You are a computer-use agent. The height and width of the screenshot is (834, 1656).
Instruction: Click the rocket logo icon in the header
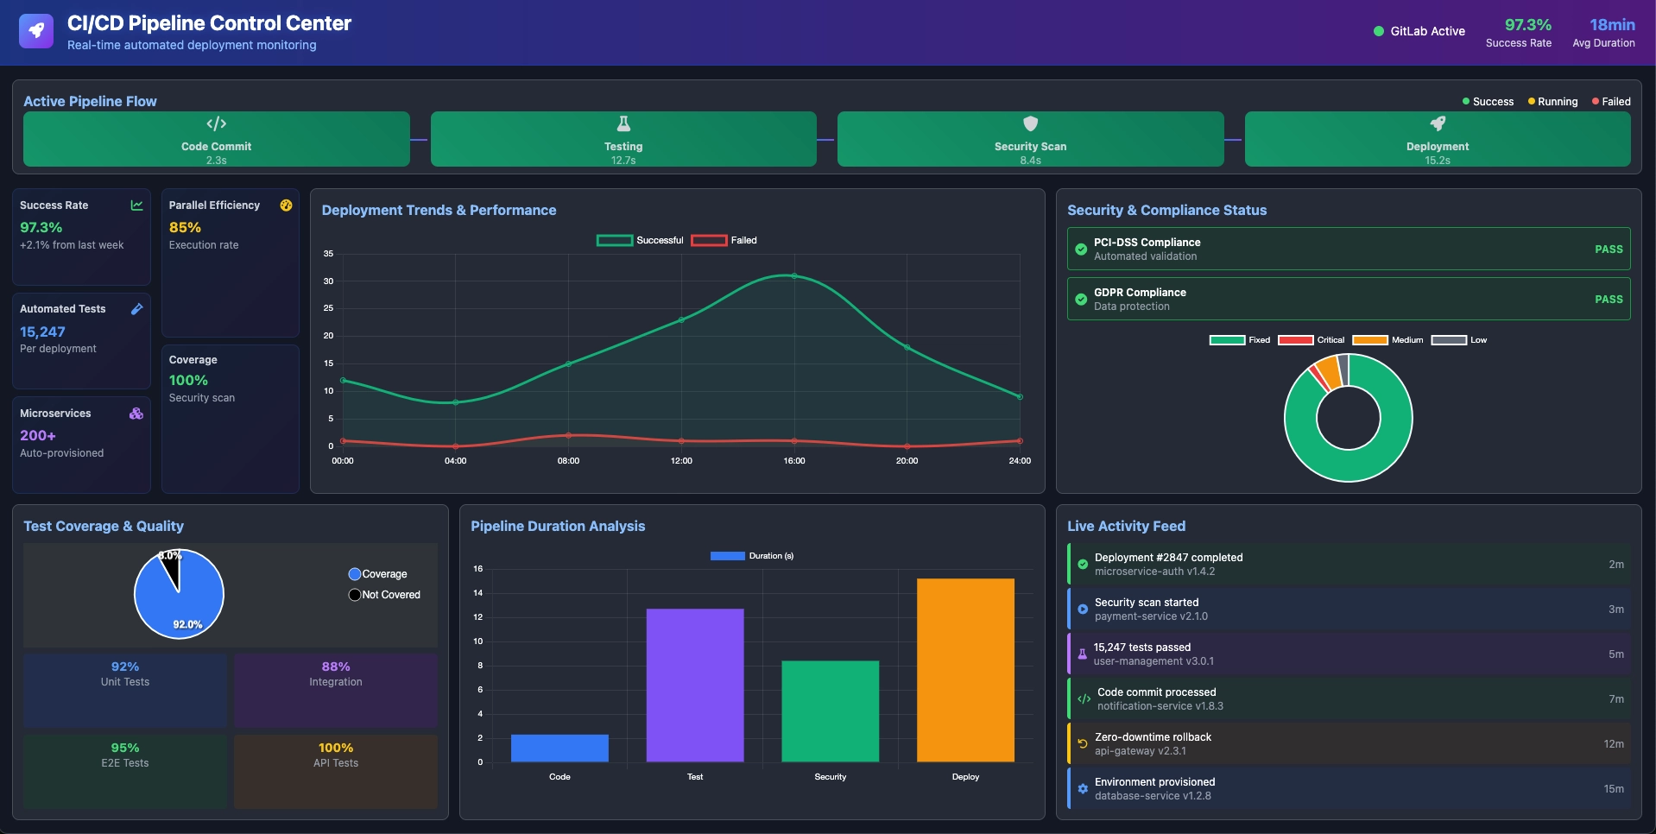point(35,31)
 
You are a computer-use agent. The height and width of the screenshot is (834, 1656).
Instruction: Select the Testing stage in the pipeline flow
point(623,139)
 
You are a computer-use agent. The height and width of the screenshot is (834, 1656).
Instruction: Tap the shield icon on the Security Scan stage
point(1030,123)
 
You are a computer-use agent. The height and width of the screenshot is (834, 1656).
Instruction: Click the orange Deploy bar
point(965,670)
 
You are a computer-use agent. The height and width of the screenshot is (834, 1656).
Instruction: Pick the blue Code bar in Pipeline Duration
point(559,748)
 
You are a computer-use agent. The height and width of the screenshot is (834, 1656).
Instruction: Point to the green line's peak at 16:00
point(794,276)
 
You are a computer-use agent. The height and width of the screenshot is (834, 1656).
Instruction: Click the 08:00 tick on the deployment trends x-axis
point(568,461)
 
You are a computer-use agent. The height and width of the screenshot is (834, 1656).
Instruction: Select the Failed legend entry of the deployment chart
point(724,241)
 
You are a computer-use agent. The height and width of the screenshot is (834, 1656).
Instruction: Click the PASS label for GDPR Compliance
point(1608,300)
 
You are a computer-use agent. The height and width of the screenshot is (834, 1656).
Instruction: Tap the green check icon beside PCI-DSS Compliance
point(1081,250)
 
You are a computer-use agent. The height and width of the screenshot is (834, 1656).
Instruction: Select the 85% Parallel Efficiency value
point(185,228)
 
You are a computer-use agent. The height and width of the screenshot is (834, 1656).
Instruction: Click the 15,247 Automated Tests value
point(42,332)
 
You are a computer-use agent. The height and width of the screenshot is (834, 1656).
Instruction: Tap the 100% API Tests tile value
point(335,748)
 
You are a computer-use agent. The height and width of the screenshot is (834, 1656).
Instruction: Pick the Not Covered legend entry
point(384,595)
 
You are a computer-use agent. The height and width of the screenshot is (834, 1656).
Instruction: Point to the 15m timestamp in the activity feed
point(1613,789)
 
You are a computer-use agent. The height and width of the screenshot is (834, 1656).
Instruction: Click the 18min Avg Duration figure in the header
point(1611,25)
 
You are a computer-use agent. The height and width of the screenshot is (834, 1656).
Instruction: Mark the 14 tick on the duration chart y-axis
point(477,593)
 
